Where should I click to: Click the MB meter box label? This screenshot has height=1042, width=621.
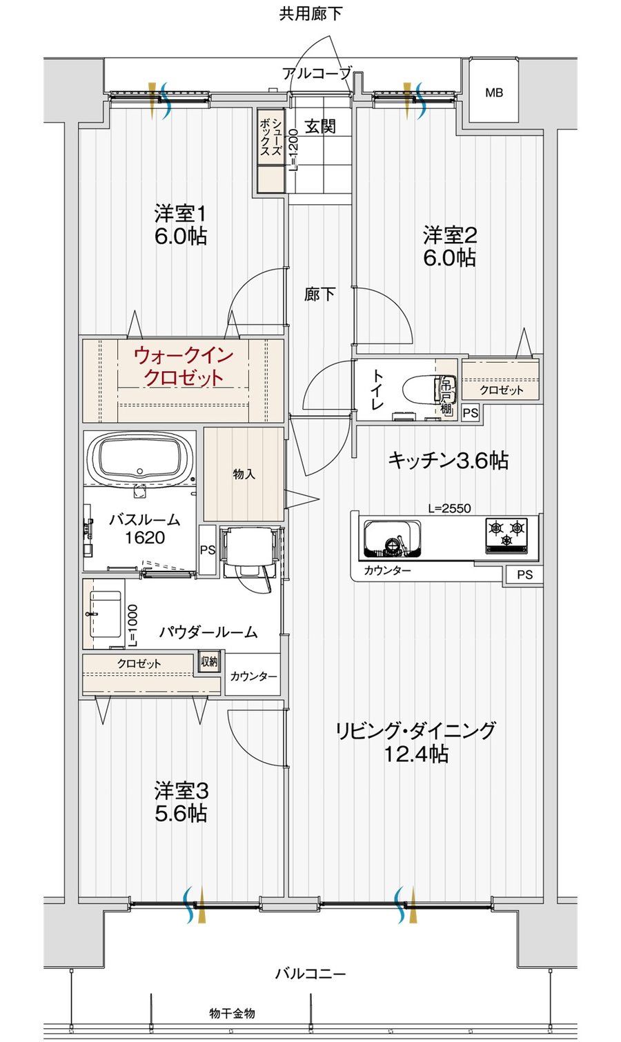click(494, 92)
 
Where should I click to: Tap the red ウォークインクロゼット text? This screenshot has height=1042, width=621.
click(184, 367)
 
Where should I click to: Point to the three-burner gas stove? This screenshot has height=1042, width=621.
click(506, 536)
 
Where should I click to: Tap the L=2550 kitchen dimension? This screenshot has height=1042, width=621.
click(449, 508)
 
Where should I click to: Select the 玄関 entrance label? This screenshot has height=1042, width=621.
click(319, 126)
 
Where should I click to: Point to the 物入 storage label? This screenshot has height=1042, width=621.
click(244, 474)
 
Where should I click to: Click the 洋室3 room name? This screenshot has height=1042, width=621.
click(181, 790)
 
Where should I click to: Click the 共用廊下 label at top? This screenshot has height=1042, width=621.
click(310, 14)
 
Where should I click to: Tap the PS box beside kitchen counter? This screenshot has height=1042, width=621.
click(524, 575)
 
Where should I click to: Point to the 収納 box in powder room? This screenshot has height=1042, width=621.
click(209, 661)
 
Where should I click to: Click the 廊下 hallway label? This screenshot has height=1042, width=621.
click(319, 294)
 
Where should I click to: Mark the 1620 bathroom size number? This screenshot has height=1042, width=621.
click(144, 538)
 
